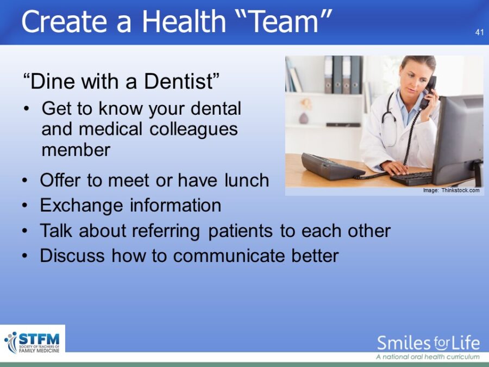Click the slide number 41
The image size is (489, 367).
(479, 32)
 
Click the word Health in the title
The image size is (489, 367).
(184, 22)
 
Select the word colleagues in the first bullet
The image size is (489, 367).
(193, 129)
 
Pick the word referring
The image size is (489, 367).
(166, 231)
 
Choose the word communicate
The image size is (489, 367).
(229, 256)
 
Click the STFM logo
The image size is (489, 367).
(32, 343)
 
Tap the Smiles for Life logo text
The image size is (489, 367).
(428, 343)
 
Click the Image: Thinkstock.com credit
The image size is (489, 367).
(452, 190)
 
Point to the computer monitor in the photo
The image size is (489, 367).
(458, 140)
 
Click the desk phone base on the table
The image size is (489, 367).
(332, 166)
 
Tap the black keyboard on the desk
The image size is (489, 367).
(411, 178)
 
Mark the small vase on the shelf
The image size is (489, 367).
(303, 119)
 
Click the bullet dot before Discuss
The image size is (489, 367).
(25, 256)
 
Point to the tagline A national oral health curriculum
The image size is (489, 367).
(428, 357)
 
